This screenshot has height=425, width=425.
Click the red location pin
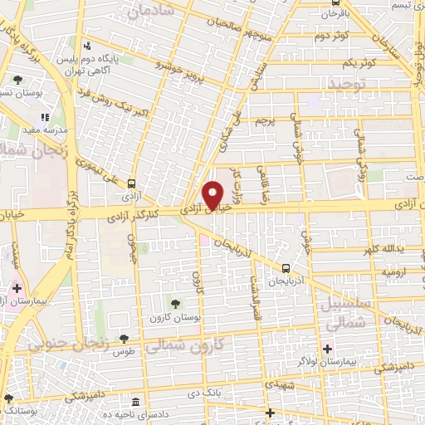pos(213,194)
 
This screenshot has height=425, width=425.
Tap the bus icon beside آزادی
pos(133,185)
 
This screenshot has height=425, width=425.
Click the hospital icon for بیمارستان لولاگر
pos(328,348)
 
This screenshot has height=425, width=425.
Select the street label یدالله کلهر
pos(383,249)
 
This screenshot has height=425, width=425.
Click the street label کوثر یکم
pos(359,63)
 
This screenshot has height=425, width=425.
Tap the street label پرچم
pos(263,121)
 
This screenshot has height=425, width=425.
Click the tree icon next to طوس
pos(123,339)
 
